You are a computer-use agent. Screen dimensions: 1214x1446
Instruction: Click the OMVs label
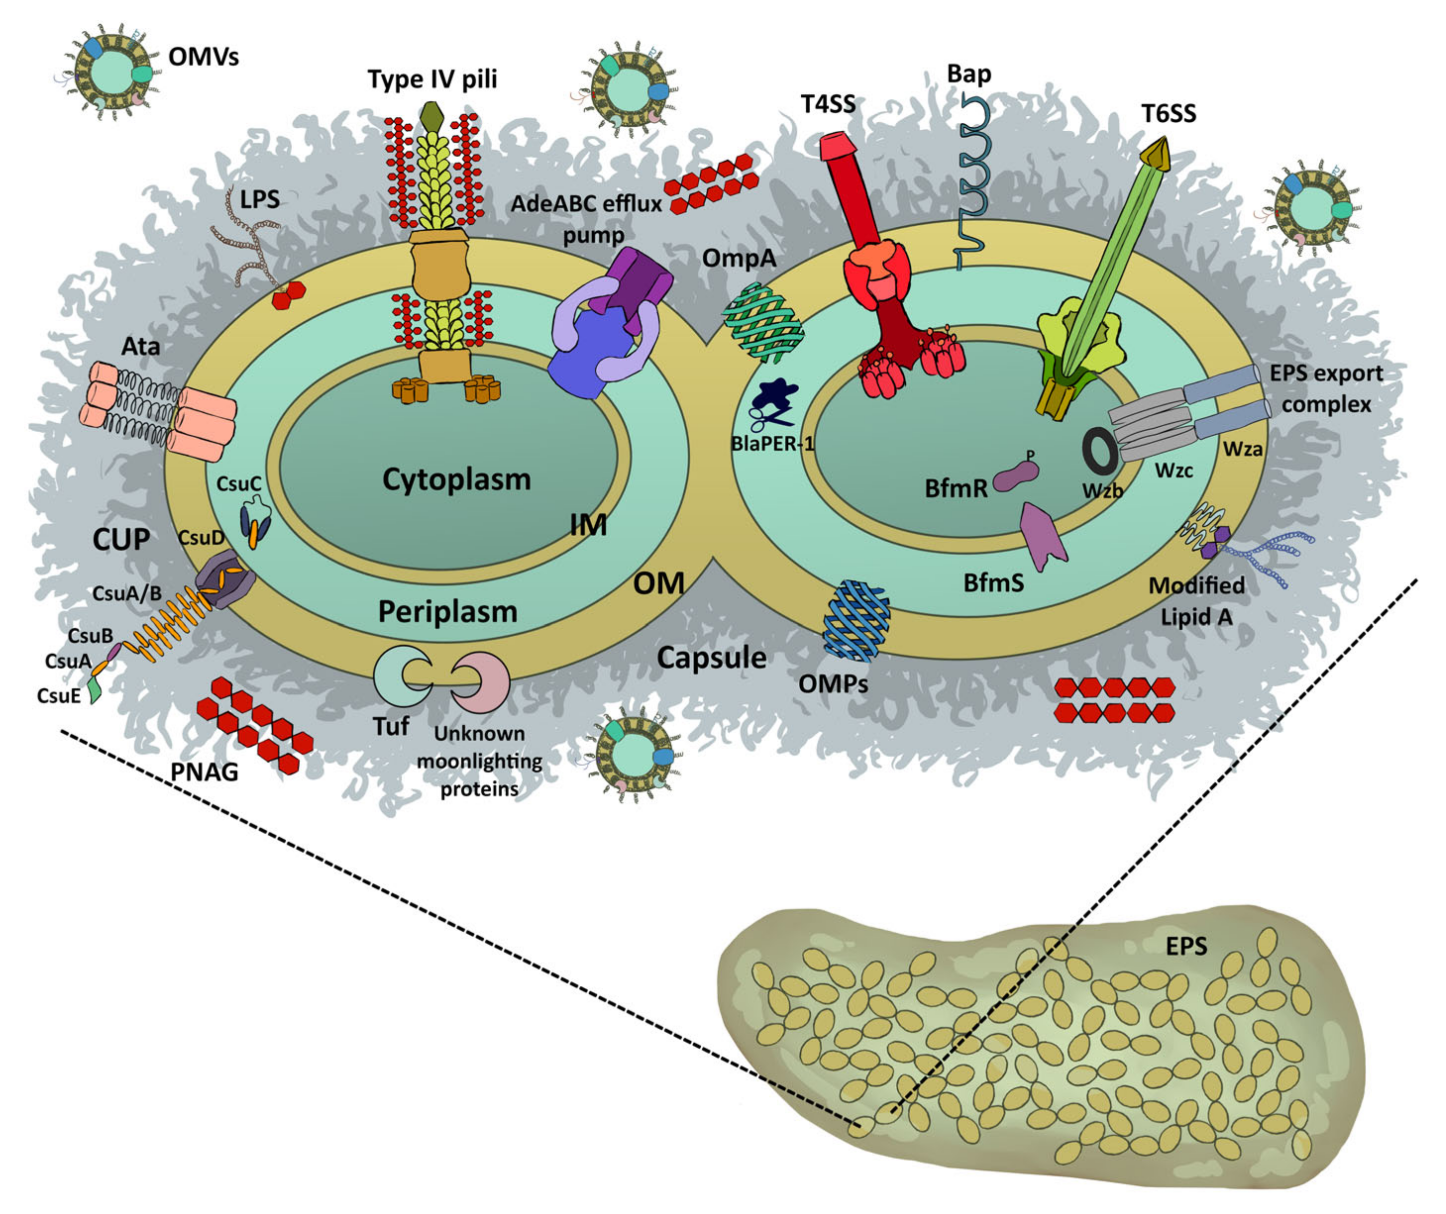tap(204, 56)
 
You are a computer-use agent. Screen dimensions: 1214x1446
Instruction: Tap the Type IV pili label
tap(432, 79)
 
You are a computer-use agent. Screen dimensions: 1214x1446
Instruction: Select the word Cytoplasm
tap(457, 480)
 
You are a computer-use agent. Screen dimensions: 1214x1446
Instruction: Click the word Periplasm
tap(448, 611)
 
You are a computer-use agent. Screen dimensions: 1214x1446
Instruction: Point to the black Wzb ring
tap(1100, 451)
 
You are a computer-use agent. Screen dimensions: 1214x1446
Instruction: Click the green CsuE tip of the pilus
tap(95, 692)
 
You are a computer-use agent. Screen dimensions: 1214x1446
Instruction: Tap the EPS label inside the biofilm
tap(1186, 947)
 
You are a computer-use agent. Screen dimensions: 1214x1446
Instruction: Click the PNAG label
tap(204, 772)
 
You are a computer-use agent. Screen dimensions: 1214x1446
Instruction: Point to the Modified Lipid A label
tap(1196, 601)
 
